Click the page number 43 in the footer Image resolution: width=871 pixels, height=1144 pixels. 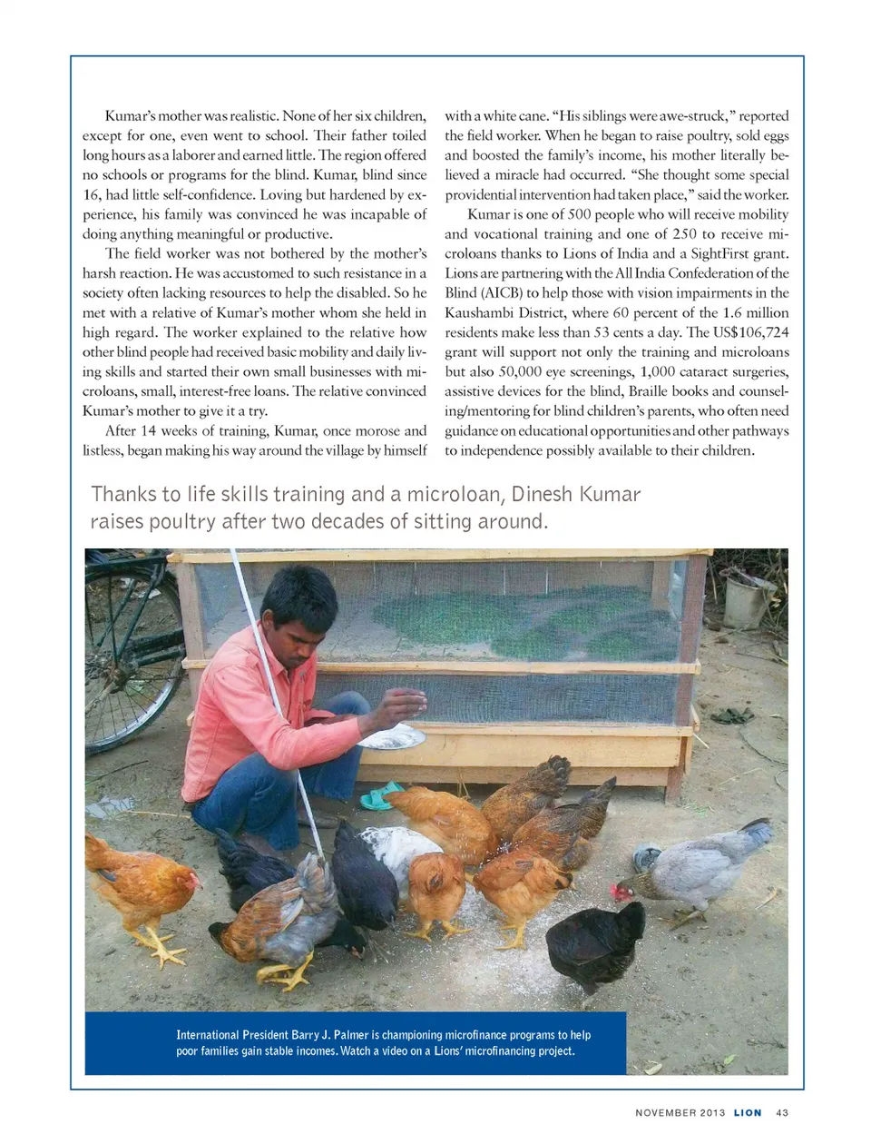tap(782, 1112)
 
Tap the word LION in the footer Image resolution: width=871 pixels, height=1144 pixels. tap(748, 1112)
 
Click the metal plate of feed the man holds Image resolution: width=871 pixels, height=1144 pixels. tap(392, 737)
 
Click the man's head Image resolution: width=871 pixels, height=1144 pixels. tap(299, 608)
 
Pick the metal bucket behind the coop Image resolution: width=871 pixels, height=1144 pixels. tap(749, 601)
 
